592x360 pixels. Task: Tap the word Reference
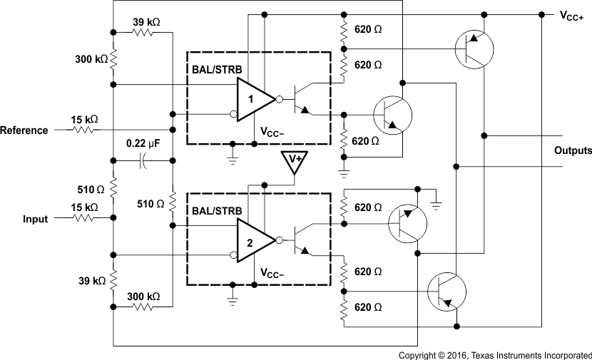point(24,130)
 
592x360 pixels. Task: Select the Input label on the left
point(35,219)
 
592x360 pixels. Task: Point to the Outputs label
point(573,151)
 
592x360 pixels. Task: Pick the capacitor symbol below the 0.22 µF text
point(143,161)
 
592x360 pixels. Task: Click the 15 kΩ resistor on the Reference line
point(85,130)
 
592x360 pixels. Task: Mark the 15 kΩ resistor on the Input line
point(85,219)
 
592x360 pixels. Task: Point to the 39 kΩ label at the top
point(146,22)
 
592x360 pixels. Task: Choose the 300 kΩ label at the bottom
point(144,296)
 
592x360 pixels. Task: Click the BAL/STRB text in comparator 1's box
point(218,71)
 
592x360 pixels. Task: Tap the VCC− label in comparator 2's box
point(274,274)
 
